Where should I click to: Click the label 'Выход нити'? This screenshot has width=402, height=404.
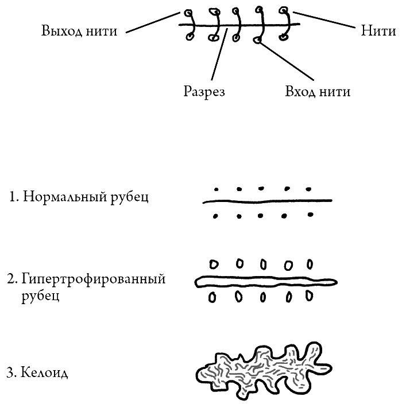(x=79, y=31)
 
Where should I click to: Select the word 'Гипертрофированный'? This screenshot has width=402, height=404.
(x=94, y=279)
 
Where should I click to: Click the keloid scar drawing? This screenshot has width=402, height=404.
(x=261, y=370)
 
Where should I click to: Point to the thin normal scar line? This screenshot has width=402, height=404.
(x=267, y=201)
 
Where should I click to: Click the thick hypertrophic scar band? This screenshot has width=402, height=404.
(x=266, y=281)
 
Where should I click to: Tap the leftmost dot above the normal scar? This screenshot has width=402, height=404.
(x=216, y=188)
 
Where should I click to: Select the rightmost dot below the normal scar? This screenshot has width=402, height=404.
(x=311, y=216)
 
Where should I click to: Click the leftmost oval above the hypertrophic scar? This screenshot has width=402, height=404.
(x=214, y=265)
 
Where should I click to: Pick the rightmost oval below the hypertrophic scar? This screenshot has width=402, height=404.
(x=309, y=297)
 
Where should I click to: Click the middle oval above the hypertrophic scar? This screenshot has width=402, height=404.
(x=263, y=265)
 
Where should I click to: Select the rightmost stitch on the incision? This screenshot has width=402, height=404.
(x=284, y=24)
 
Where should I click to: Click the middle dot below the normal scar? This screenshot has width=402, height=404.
(x=261, y=216)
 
